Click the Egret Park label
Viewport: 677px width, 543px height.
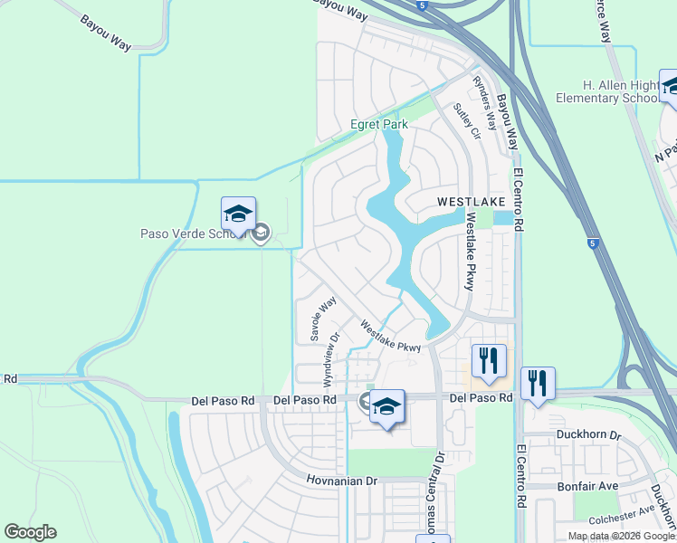coord(379,124)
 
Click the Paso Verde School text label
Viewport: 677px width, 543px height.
coord(193,233)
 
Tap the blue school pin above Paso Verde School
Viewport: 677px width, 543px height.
coord(238,215)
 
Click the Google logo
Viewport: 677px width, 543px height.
coord(30,532)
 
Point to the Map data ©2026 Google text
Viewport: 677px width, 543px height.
coord(620,536)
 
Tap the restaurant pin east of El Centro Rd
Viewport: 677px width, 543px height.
coord(539,384)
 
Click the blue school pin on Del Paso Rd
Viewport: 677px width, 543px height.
coord(386,408)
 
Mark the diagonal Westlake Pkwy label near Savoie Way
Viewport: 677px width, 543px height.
coord(390,335)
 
